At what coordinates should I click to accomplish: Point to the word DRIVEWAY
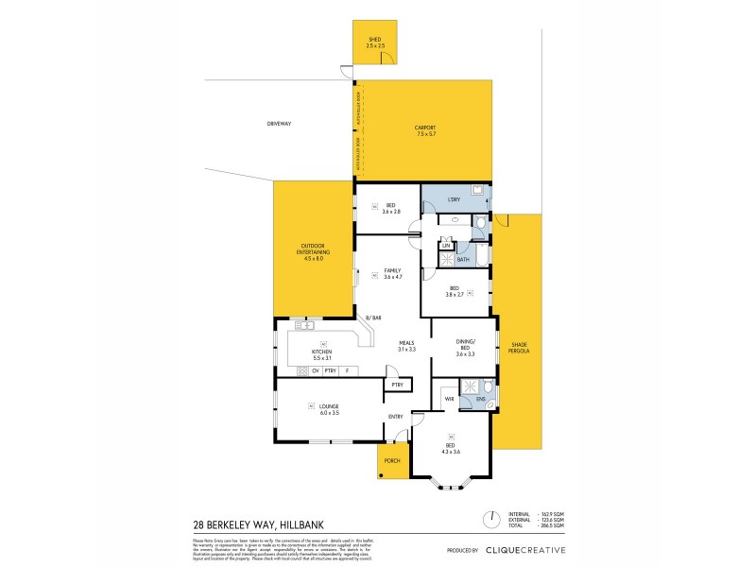[x=279, y=123]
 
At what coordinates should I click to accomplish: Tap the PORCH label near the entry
[x=392, y=460]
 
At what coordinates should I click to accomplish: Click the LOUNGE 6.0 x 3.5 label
[x=328, y=410]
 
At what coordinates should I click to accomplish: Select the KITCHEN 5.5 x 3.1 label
[x=322, y=354]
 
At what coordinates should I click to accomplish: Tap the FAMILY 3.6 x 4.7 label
[x=392, y=273]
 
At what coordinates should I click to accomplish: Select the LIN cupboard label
[x=444, y=246]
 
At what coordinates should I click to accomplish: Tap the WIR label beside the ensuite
[x=449, y=400]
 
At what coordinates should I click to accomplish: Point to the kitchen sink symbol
[x=307, y=325]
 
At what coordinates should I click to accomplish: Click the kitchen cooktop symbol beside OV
[x=302, y=370]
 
